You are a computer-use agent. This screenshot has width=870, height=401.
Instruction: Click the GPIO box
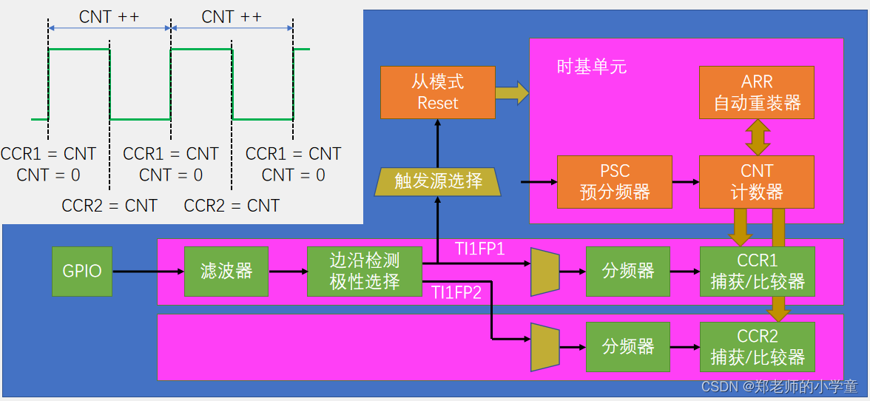coord(82,272)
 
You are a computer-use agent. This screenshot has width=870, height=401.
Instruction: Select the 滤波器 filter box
coord(226,272)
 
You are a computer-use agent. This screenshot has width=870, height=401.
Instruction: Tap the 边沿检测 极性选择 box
coord(364,272)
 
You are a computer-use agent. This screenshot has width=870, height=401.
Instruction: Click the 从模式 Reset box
coord(438,92)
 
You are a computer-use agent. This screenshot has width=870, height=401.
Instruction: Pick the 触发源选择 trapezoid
coord(438,181)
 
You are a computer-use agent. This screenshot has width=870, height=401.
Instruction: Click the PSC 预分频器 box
coord(615,182)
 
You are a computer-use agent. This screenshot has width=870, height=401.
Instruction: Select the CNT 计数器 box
coord(757,182)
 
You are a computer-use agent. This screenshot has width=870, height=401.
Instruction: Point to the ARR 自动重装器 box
coord(757,92)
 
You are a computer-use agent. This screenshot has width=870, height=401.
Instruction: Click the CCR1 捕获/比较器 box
coord(757,272)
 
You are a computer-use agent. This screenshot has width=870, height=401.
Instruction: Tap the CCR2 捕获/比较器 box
coord(757,347)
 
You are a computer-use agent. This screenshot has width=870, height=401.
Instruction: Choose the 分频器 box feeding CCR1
coord(628,272)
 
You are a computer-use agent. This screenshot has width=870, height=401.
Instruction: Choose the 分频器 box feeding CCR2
coord(628,347)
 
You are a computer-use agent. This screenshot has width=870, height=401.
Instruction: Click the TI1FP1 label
coord(479,249)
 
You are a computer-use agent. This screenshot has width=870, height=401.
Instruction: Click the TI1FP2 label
coord(456,292)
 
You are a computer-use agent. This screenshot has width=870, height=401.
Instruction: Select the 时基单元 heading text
coord(592,67)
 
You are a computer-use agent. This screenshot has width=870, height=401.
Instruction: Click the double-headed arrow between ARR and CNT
coord(757,137)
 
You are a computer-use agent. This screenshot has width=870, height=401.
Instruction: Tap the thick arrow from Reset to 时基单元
coord(512,92)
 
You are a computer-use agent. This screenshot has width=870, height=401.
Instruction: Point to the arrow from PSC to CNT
coord(686,182)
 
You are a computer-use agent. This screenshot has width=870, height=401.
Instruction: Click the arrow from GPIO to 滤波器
coord(148,272)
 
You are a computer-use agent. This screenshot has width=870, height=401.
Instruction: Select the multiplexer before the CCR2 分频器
coord(545,347)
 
